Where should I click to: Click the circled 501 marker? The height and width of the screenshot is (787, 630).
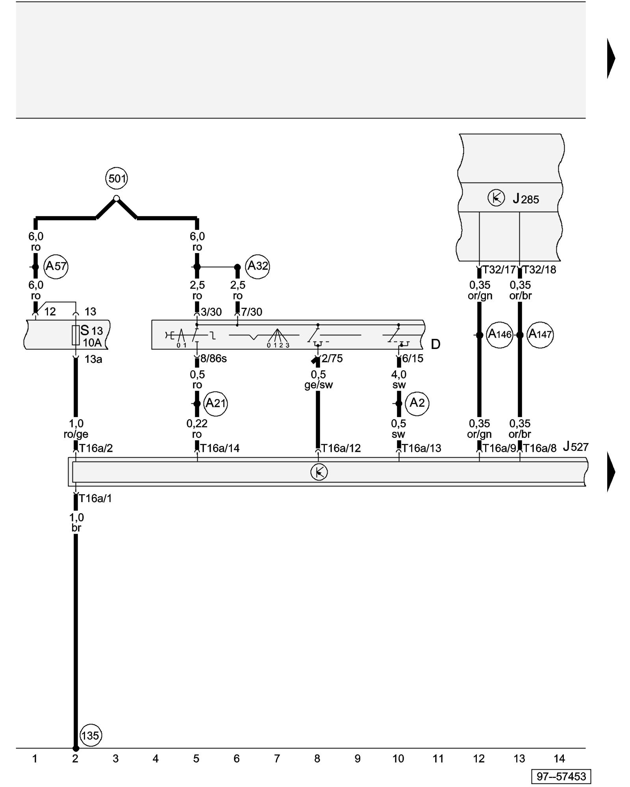tap(117, 179)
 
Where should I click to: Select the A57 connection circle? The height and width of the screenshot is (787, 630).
tap(56, 266)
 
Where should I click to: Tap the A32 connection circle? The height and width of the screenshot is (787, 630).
tap(258, 266)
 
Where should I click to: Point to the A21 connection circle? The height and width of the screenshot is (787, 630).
tap(215, 403)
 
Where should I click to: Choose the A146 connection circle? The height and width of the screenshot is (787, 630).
tap(500, 334)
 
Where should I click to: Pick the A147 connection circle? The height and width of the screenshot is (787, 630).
tap(540, 334)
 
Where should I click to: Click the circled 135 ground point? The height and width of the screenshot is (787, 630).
tap(90, 735)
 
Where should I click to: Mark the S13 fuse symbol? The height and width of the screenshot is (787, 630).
tap(76, 335)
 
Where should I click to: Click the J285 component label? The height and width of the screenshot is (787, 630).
tap(526, 199)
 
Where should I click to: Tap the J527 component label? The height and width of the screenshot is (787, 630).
tap(575, 447)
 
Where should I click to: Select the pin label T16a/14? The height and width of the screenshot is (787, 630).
tap(220, 448)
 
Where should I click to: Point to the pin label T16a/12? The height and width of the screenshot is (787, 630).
tap(341, 448)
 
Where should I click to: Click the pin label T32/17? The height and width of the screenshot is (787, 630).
tap(499, 270)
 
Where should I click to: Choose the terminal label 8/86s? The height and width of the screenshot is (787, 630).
tap(213, 358)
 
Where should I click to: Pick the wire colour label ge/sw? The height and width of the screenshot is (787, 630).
tap(318, 385)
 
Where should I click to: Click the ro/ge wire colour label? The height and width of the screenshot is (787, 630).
tap(76, 434)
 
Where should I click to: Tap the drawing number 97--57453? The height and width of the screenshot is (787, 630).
tap(561, 776)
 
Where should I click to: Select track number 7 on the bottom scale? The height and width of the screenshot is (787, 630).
tap(277, 758)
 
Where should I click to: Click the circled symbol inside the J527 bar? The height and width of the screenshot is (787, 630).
tap(319, 472)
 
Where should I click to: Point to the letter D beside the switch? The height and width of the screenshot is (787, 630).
tap(435, 344)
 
